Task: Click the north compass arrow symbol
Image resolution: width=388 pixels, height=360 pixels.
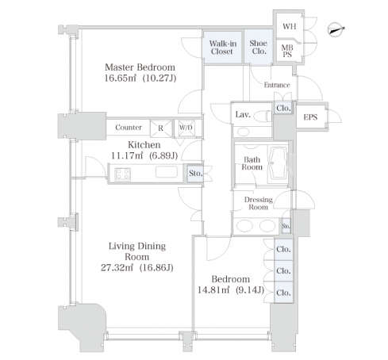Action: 336,29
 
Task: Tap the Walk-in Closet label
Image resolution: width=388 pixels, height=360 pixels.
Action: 223,48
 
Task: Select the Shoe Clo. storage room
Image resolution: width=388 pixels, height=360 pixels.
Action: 258,47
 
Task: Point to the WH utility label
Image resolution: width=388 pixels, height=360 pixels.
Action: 289,26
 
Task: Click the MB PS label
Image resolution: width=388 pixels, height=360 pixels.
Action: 287,51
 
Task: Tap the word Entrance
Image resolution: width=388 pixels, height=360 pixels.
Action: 277,85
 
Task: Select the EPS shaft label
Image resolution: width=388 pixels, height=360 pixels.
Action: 310,117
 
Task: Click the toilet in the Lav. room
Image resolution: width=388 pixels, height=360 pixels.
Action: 265,116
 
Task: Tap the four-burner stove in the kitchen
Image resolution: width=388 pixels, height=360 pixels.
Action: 123,174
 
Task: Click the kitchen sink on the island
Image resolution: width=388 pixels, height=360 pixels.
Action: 167,172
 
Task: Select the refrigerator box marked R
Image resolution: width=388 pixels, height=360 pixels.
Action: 160,128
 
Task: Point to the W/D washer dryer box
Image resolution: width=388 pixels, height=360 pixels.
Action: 186,128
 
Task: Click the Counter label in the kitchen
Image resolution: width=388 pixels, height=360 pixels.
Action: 129,128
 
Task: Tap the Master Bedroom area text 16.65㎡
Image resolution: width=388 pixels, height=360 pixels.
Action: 121,79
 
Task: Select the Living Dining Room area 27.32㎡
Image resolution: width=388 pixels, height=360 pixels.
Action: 117,268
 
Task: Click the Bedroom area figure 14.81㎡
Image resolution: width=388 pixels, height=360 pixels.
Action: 213,290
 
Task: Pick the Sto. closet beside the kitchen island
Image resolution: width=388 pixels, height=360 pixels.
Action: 195,174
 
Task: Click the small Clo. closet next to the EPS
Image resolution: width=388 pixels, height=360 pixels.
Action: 283,108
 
